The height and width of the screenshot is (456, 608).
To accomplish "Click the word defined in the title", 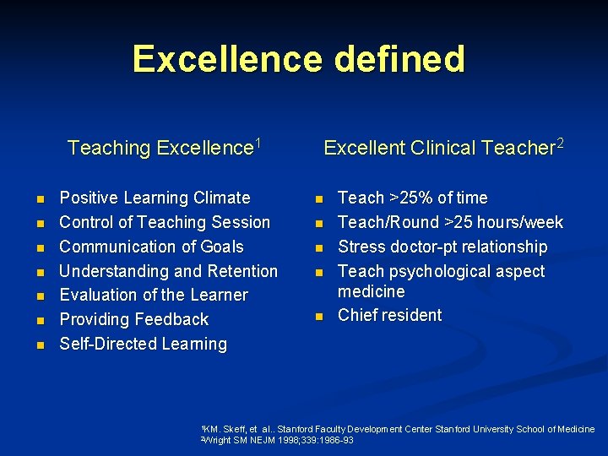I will [399, 59].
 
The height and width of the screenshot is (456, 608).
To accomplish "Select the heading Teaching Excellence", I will [160, 149].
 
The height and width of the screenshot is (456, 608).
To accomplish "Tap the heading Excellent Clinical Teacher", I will [438, 149].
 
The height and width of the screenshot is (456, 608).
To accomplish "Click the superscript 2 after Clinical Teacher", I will [559, 144].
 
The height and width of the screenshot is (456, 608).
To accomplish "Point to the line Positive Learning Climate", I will [155, 198].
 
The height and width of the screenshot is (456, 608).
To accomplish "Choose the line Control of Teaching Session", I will [165, 223].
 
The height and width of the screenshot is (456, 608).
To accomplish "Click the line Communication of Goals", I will [151, 247].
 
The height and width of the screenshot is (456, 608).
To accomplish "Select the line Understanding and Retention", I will [168, 271].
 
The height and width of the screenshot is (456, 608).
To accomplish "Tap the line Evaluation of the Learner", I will [154, 296].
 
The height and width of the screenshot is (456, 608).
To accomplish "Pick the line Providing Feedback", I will [133, 320].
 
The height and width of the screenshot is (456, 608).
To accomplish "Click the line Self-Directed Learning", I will [143, 345].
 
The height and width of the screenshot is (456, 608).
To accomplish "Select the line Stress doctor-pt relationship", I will [442, 247].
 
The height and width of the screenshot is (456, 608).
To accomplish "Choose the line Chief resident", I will [389, 316].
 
